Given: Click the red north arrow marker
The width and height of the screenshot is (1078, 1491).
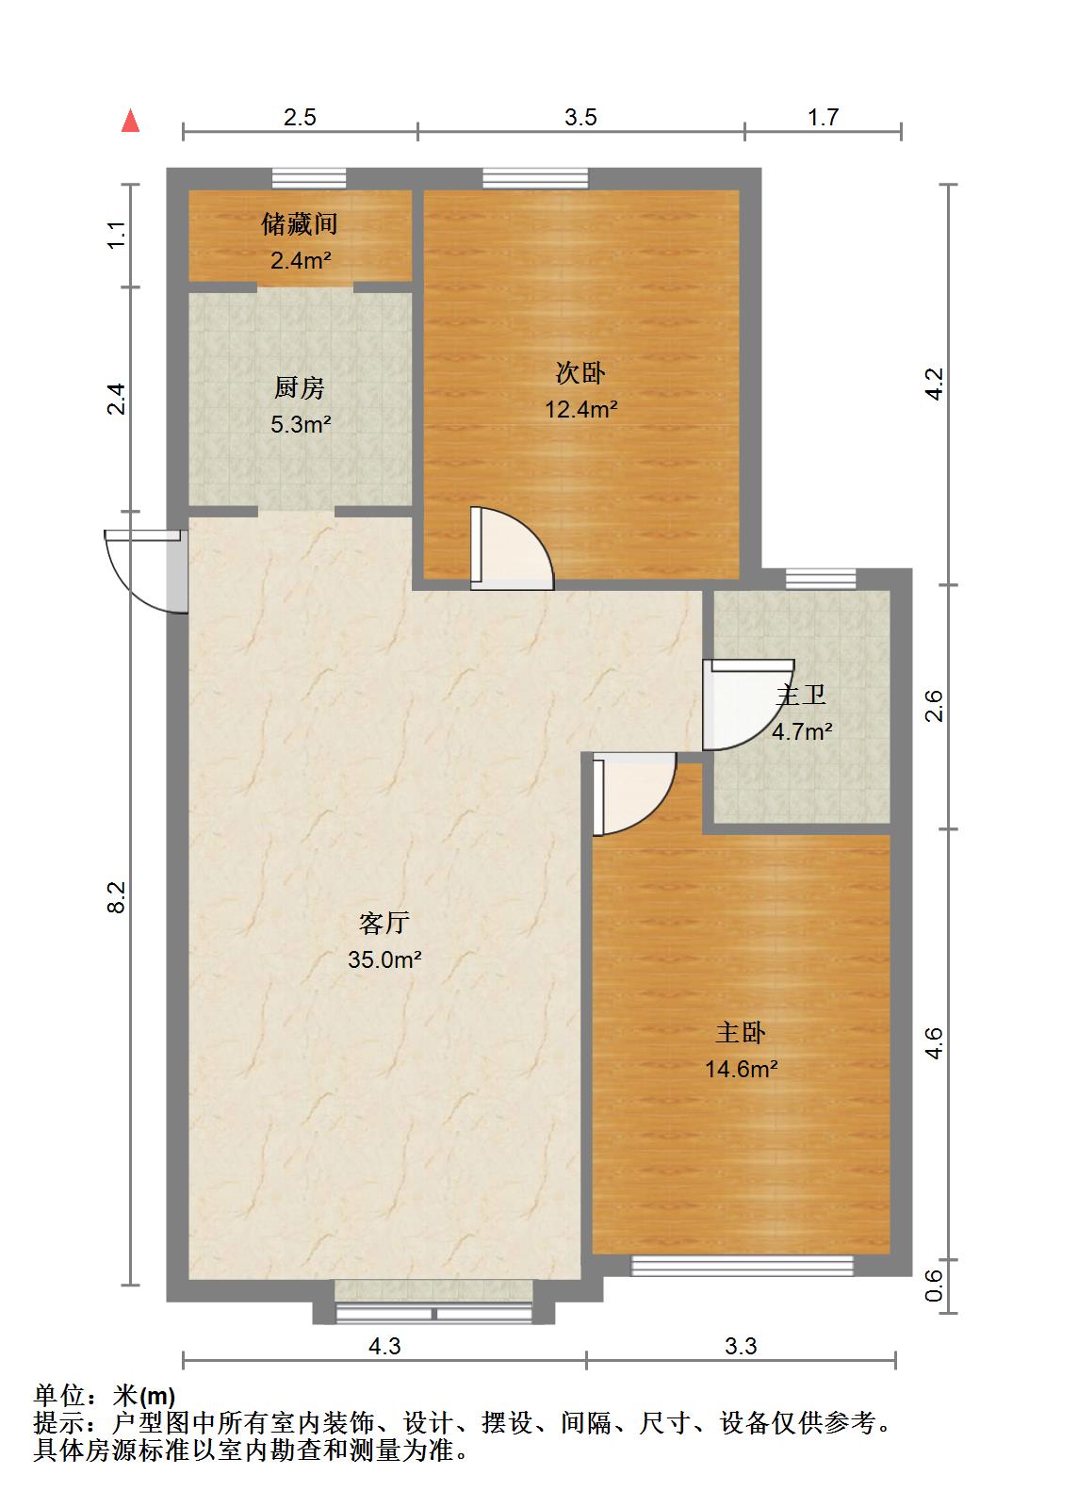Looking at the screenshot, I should [x=131, y=122].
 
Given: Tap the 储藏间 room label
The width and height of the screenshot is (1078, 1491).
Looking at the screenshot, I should [x=300, y=224].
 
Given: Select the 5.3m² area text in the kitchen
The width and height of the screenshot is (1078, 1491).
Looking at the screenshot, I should [x=300, y=424].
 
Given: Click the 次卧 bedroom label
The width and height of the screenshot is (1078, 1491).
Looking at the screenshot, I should [x=580, y=373].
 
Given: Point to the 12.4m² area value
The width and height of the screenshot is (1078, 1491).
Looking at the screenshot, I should [x=580, y=409].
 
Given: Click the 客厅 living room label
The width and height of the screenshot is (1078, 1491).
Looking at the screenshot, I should [x=384, y=923].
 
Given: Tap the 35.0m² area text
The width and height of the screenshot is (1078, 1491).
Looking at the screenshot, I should [x=384, y=959].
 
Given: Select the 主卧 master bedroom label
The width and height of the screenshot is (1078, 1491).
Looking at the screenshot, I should [x=741, y=1033].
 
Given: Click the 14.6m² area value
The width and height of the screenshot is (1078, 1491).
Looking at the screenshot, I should [x=741, y=1069].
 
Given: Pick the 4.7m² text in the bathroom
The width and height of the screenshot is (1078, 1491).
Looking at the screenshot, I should [x=802, y=731].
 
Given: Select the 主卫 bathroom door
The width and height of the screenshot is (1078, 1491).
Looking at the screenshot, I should [x=740, y=705].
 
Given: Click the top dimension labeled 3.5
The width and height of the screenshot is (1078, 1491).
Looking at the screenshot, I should [x=580, y=117].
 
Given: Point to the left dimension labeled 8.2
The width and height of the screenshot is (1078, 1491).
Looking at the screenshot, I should [x=115, y=896].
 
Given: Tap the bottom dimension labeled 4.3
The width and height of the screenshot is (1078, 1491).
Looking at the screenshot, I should [x=384, y=1346].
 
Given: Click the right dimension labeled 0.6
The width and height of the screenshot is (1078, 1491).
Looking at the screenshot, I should [x=933, y=1286].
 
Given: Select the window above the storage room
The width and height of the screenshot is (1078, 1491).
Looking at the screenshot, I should [x=309, y=178].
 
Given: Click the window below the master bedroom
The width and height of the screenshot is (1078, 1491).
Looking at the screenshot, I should [x=742, y=1266].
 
